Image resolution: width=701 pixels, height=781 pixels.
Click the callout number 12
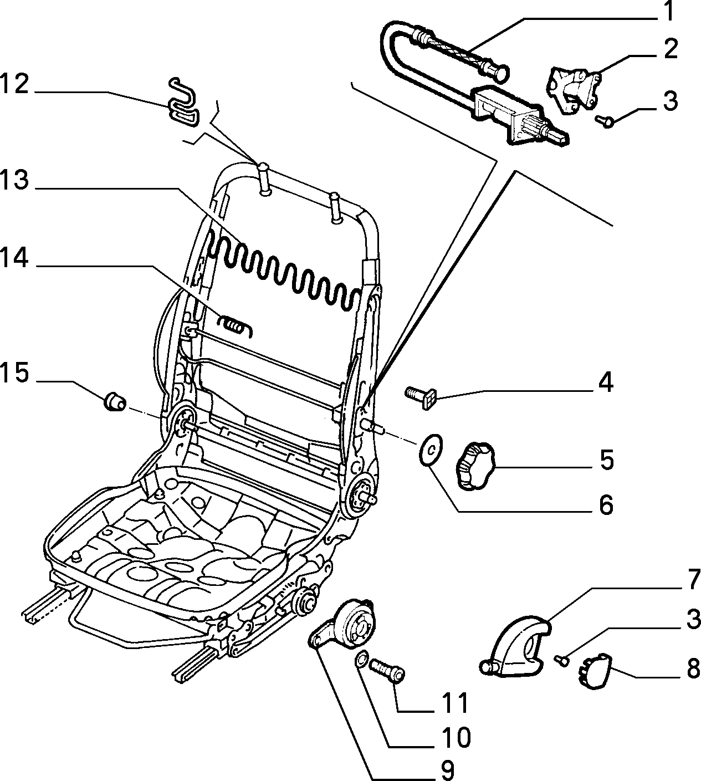tap(14, 84)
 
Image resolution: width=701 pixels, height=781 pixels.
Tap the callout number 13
tap(14, 180)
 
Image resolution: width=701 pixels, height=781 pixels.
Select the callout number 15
tap(14, 373)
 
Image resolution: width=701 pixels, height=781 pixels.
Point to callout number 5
tap(607, 460)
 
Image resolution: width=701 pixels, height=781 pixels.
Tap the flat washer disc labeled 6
tap(431, 450)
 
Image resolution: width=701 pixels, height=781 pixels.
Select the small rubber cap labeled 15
tap(115, 402)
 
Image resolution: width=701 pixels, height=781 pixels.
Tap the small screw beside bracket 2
tap(605, 121)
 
